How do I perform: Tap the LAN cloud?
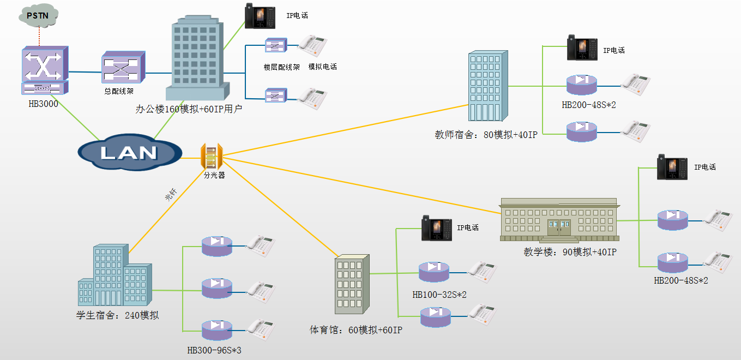click(129, 152)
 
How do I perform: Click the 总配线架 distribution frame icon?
click(123, 68)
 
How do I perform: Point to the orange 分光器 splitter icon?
click(212, 157)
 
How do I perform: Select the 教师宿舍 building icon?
click(487, 86)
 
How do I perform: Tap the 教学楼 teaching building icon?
click(560, 220)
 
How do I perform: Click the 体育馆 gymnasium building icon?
click(351, 285)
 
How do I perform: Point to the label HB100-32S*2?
click(439, 295)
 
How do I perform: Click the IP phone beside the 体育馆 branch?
click(436, 228)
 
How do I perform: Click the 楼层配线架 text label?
click(281, 67)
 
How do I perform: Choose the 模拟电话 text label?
click(322, 67)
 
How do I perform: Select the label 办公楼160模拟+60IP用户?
click(189, 109)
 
